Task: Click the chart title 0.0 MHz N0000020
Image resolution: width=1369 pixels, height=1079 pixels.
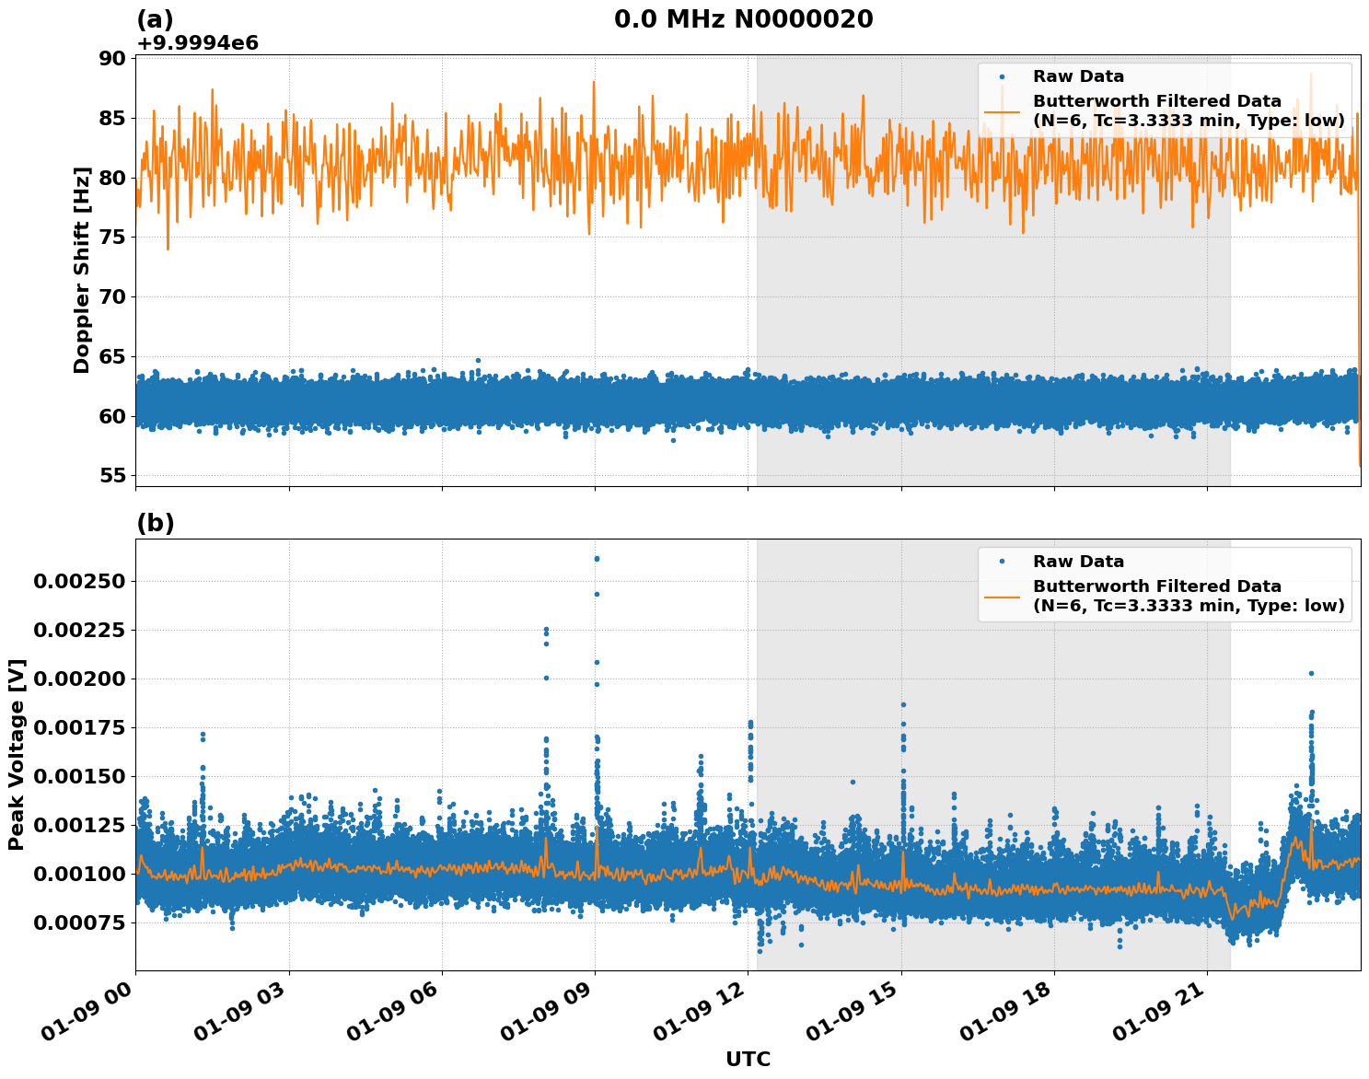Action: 743,18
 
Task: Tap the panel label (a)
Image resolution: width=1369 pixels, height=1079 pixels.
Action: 155,19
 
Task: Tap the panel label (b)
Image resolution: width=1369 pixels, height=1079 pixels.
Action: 155,523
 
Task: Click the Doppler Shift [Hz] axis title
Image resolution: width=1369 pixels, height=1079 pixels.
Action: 82,270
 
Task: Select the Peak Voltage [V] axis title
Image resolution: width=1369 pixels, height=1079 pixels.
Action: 17,754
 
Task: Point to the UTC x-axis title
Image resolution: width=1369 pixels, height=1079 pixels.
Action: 748,1059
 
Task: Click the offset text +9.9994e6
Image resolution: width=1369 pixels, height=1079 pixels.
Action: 197,43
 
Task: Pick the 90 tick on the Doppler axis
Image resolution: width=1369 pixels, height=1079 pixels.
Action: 111,58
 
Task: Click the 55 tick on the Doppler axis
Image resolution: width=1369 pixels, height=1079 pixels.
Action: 111,475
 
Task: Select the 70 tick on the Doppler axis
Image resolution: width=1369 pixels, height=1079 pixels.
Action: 111,296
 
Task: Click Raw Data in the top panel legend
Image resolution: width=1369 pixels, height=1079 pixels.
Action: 1078,76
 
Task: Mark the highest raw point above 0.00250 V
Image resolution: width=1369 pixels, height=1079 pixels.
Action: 597,558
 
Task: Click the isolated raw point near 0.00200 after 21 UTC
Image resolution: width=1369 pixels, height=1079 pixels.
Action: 1311,673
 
